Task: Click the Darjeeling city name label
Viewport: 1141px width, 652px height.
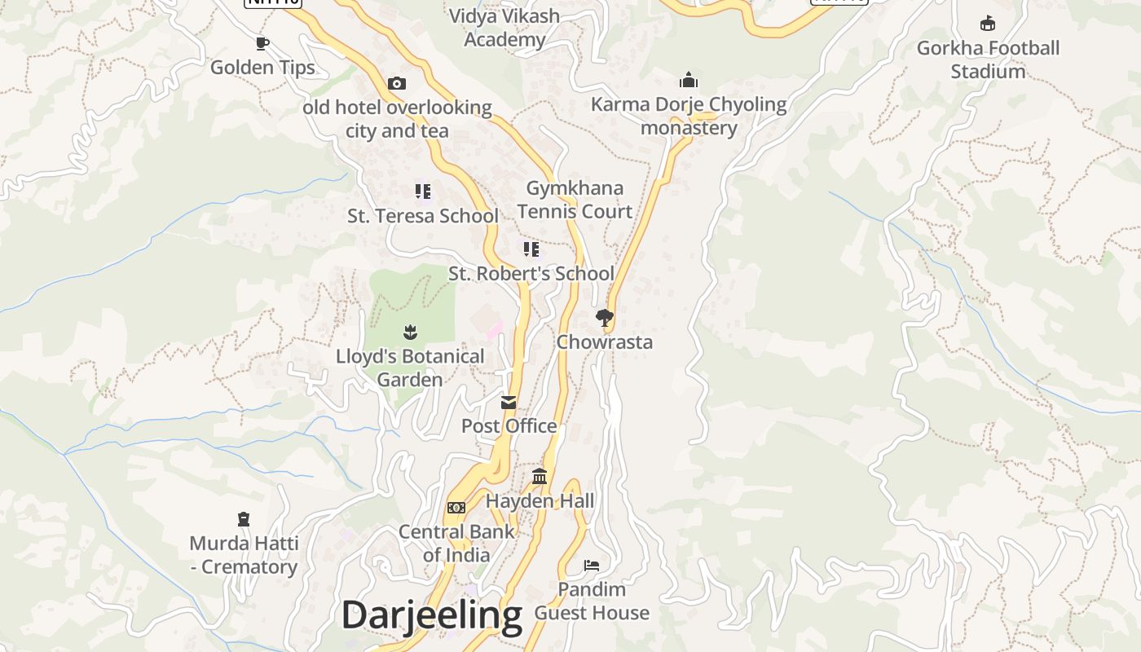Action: click(431, 615)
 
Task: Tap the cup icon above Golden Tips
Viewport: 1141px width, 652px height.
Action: click(262, 43)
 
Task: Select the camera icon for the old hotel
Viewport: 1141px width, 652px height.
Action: click(397, 83)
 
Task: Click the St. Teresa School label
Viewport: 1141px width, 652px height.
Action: click(422, 216)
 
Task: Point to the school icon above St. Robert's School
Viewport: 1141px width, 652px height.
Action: click(531, 249)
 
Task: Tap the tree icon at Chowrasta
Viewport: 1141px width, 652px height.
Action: click(604, 318)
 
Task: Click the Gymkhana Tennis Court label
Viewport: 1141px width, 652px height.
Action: click(575, 200)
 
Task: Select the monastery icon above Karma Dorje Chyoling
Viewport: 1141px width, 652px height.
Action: click(689, 80)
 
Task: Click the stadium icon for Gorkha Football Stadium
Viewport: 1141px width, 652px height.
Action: click(988, 23)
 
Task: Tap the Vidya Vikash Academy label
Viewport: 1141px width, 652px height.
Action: click(504, 28)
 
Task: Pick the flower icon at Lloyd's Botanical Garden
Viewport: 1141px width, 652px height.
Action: click(410, 332)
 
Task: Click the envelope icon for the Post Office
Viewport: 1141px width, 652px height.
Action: click(509, 402)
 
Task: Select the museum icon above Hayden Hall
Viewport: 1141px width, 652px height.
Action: click(540, 476)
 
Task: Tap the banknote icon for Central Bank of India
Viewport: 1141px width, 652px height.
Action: click(456, 508)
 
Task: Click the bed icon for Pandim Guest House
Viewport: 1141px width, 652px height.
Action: click(592, 565)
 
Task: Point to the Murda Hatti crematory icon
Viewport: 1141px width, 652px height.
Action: click(243, 518)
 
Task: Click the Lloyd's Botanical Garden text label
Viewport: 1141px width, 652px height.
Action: click(410, 368)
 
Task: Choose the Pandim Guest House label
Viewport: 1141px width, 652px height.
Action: click(592, 601)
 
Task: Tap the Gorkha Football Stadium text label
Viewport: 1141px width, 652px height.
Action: click(988, 59)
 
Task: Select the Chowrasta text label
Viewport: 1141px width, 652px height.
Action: click(604, 341)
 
